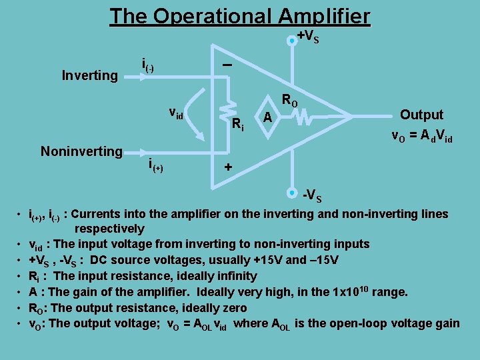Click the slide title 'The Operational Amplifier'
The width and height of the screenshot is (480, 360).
click(x=239, y=15)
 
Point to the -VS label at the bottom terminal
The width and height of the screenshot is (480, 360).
click(x=313, y=196)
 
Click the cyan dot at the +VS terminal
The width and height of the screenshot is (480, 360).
click(x=291, y=41)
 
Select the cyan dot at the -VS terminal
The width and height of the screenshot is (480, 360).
click(x=291, y=193)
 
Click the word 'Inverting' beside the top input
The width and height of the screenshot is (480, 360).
click(x=89, y=75)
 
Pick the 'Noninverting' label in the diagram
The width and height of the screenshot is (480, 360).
click(x=81, y=151)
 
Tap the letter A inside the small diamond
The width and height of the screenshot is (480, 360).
click(x=267, y=118)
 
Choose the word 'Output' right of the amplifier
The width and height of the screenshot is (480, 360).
click(x=421, y=115)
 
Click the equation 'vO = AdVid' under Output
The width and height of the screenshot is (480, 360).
click(x=422, y=137)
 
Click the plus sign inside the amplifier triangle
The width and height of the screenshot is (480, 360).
click(x=228, y=167)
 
